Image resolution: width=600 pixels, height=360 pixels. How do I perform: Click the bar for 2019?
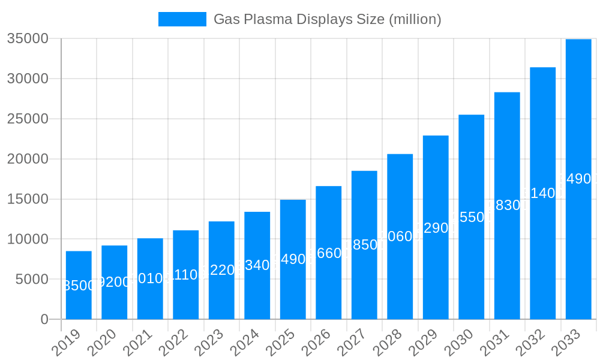(79, 285)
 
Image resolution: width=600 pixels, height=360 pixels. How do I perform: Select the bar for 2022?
(186, 275)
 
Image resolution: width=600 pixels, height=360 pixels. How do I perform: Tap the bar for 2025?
(293, 259)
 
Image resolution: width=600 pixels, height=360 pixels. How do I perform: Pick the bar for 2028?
(400, 236)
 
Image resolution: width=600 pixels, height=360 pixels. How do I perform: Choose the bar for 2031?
(507, 205)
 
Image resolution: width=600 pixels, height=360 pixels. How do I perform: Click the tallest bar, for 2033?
(578, 179)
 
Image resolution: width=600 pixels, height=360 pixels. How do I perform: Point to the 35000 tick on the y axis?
(28, 39)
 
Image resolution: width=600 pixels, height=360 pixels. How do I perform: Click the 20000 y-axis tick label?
(28, 159)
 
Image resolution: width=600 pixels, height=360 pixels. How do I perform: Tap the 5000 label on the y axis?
(31, 279)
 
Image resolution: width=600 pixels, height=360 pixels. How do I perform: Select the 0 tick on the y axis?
(44, 319)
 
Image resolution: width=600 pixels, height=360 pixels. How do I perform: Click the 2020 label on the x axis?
(102, 343)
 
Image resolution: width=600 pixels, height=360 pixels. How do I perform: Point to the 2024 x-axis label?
(245, 343)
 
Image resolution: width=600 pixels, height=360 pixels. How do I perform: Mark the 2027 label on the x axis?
(352, 343)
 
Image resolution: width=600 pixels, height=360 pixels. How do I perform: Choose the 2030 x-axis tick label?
(459, 343)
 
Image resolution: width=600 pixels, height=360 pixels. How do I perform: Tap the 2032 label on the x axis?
(530, 343)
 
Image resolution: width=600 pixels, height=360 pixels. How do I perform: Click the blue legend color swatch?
(182, 19)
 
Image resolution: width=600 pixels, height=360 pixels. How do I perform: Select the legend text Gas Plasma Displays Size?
(328, 19)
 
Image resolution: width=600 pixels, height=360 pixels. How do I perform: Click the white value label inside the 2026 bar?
(329, 253)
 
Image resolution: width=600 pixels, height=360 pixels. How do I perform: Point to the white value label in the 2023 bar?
(221, 270)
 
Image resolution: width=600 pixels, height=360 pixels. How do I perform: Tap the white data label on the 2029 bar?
(436, 227)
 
